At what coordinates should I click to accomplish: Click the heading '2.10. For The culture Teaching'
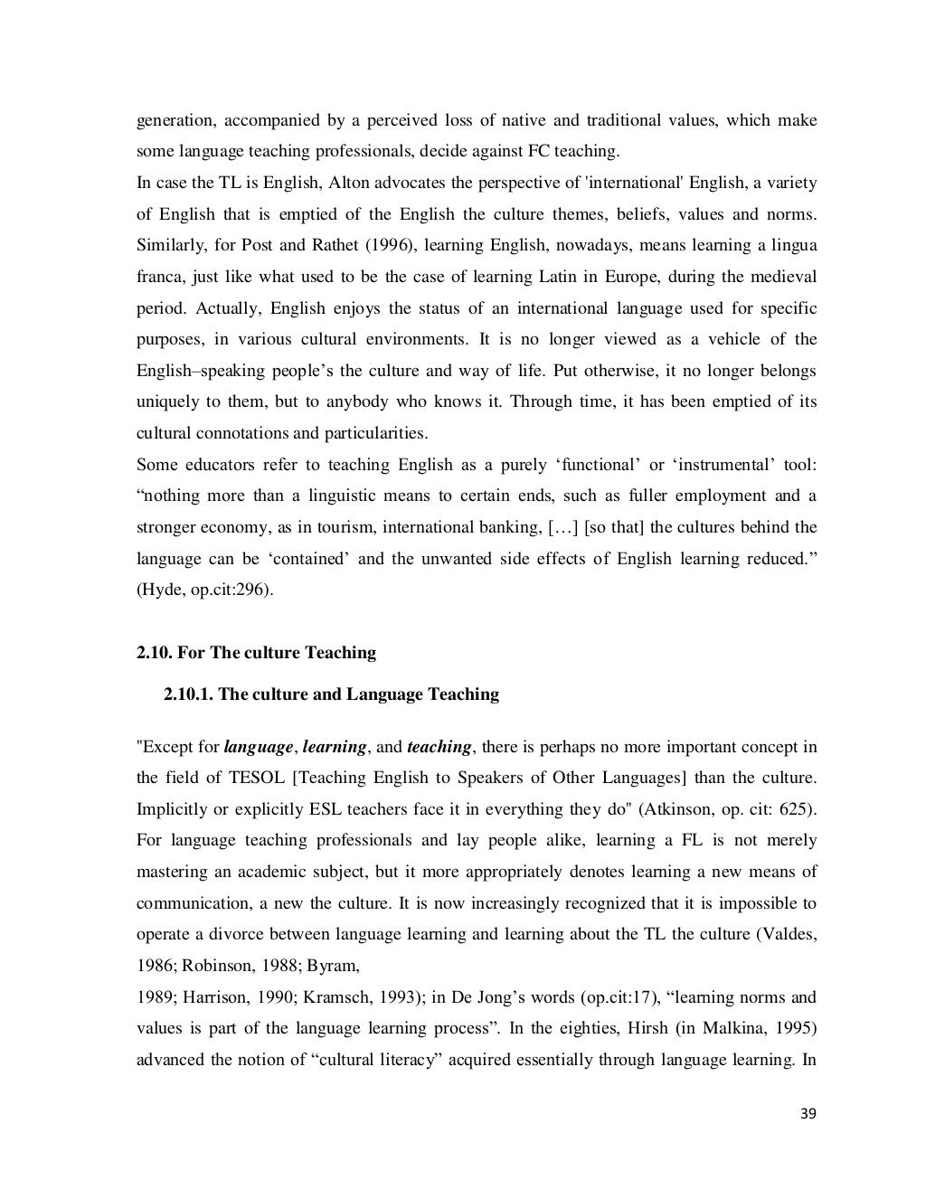(256, 652)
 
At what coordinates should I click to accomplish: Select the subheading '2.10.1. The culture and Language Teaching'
(331, 694)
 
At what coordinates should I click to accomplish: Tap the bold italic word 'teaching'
(439, 747)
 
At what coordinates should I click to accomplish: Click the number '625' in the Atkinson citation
(787, 809)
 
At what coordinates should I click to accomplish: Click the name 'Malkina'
(738, 1029)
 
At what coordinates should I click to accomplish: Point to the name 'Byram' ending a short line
(334, 966)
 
